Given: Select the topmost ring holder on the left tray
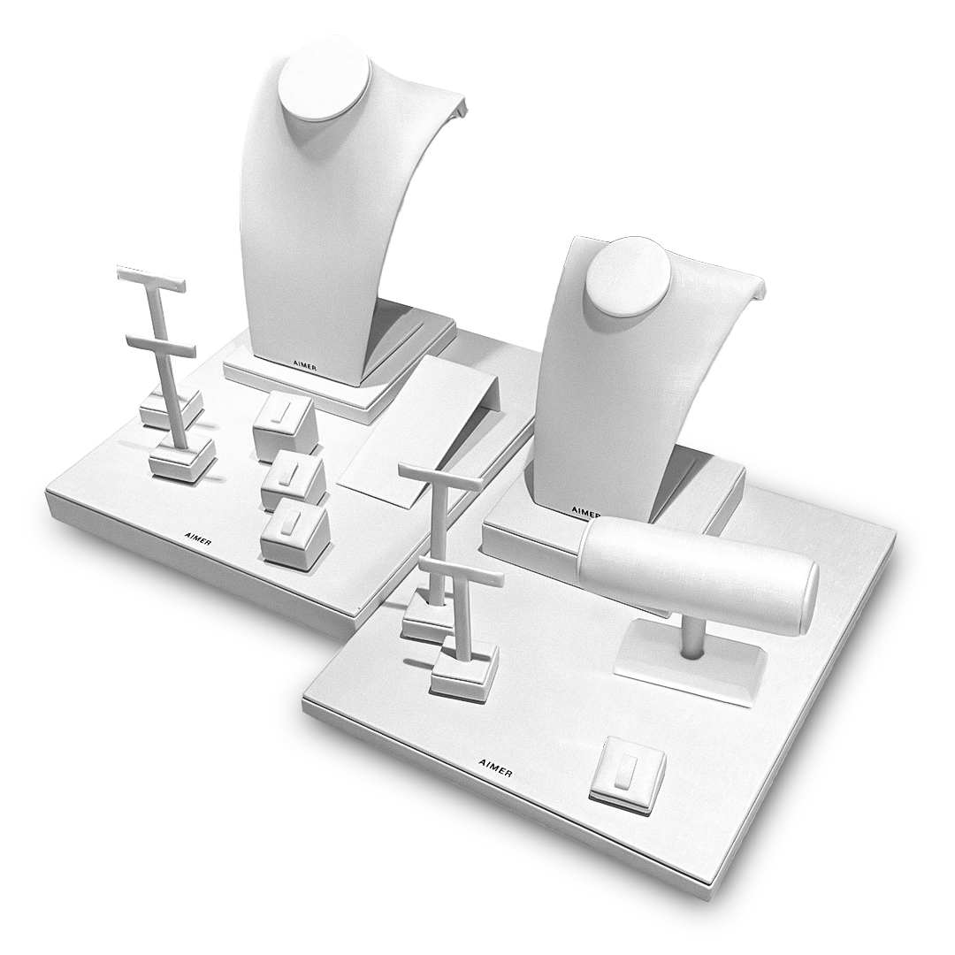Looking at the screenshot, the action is click(284, 424).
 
